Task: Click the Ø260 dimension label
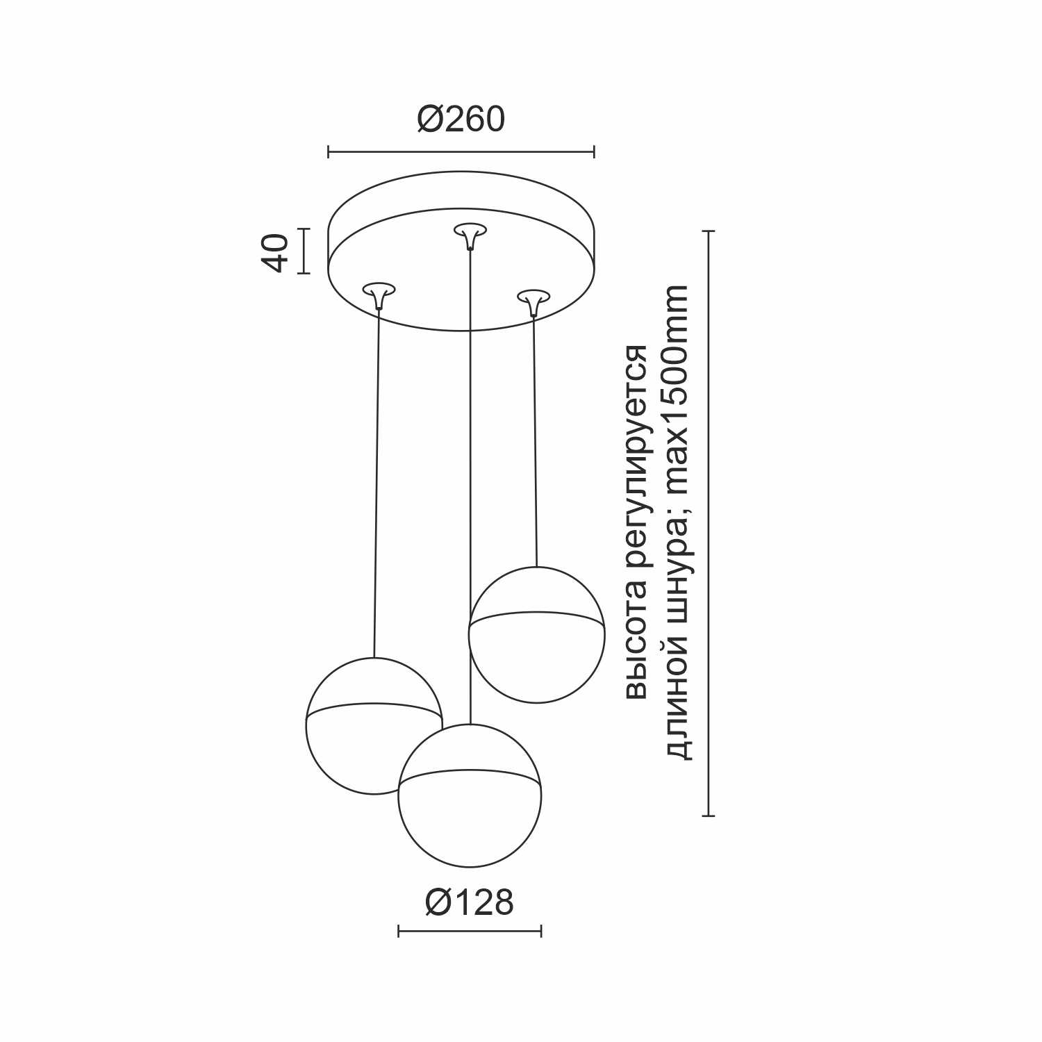(461, 119)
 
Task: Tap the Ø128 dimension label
(470, 902)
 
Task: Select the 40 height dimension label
(275, 252)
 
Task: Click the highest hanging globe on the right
(536, 635)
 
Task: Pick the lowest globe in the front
(470, 796)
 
